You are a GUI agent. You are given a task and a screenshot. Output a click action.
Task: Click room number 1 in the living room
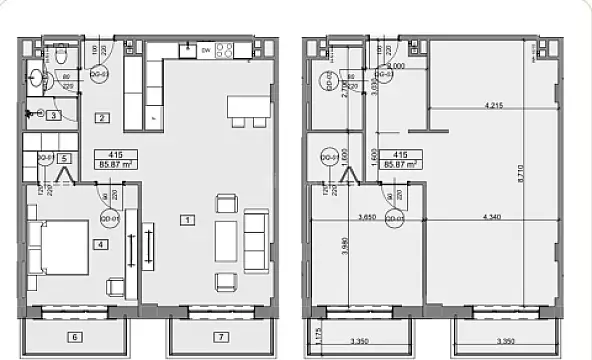tap(188, 218)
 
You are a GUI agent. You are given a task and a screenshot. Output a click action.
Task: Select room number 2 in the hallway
tap(102, 118)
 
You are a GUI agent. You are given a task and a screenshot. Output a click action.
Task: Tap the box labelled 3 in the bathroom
tap(53, 116)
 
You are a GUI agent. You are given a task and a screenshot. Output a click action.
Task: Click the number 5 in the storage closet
tap(63, 158)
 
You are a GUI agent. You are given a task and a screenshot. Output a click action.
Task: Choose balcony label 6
tap(75, 336)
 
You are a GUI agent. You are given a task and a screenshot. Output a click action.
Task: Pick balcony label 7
tap(221, 336)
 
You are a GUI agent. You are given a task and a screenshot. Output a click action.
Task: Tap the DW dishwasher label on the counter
tap(205, 48)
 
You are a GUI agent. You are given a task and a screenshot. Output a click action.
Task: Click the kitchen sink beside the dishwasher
tap(186, 48)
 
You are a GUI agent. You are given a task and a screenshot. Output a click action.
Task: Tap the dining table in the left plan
tap(249, 105)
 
